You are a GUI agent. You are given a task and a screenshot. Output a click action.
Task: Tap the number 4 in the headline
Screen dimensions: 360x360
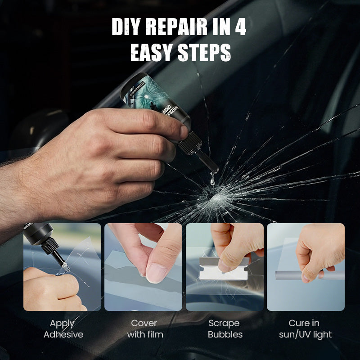239,28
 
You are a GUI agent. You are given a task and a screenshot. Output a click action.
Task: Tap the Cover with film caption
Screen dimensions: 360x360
144,328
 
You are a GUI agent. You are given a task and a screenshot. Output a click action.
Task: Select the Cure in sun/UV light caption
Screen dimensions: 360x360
305,328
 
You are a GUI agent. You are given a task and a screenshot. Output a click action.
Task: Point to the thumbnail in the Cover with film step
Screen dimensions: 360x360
143,267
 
